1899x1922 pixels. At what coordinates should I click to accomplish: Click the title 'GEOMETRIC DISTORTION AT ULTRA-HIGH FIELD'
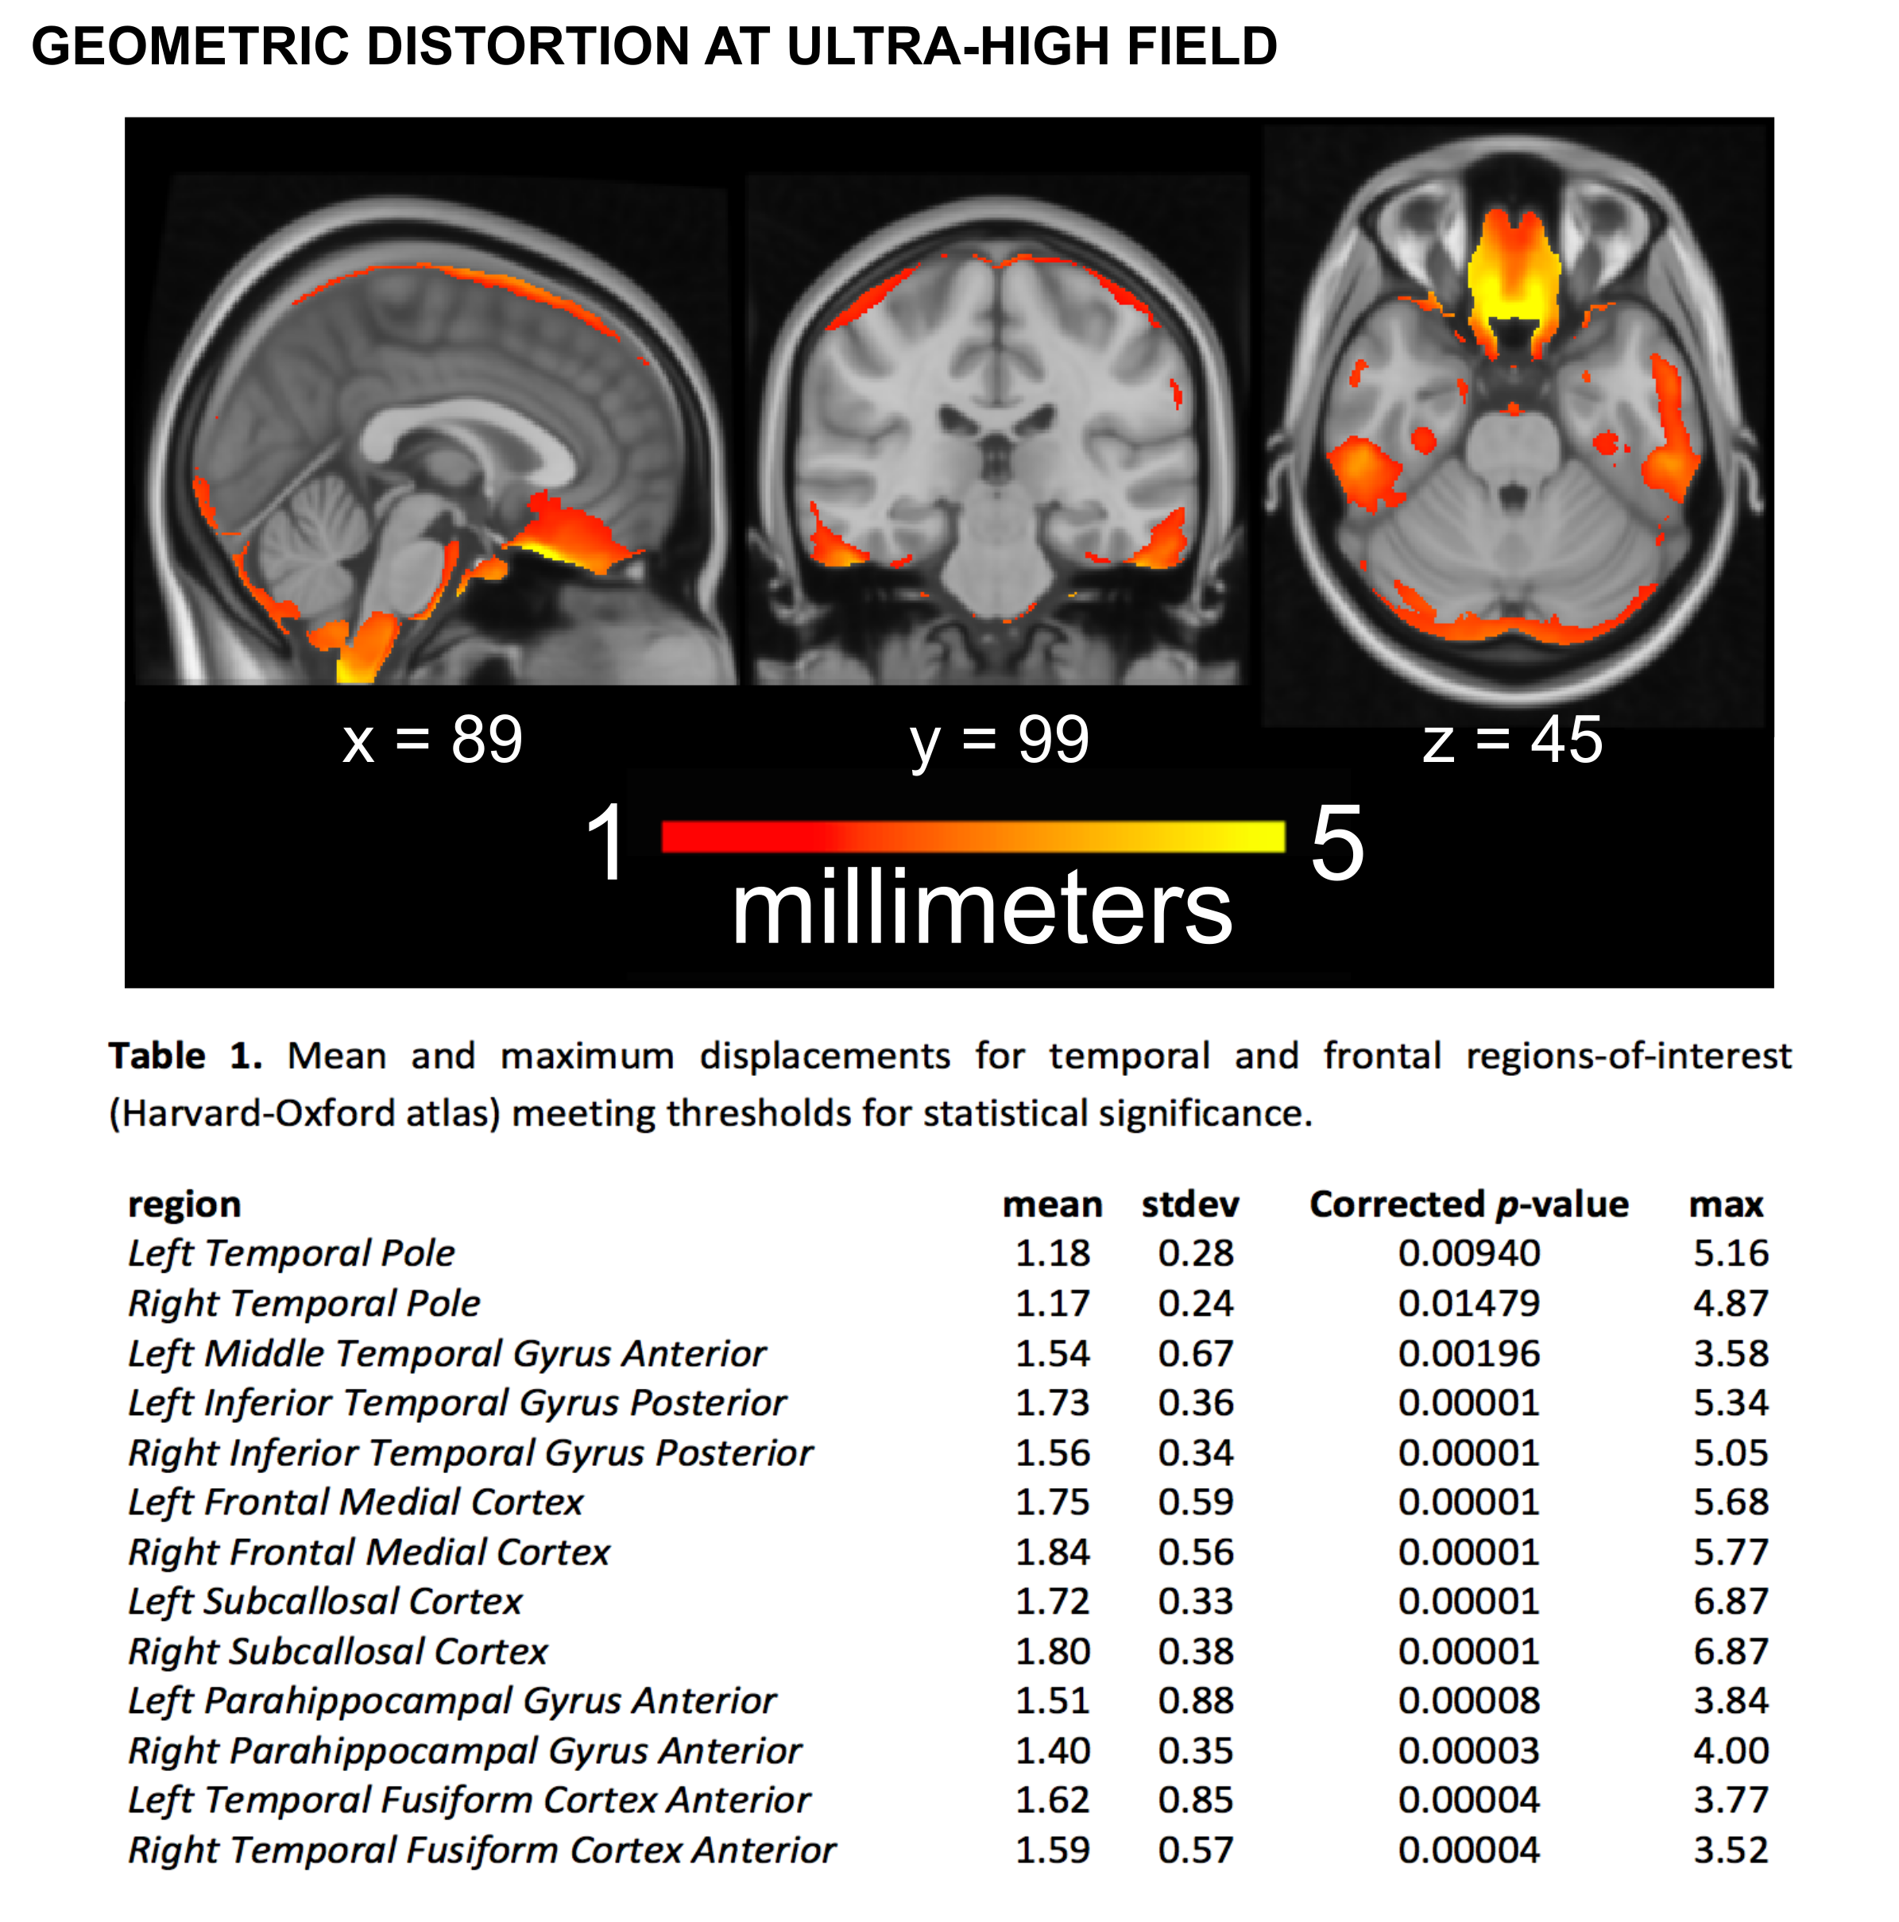pyautogui.click(x=654, y=47)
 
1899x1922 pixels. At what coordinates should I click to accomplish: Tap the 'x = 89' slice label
pyautogui.click(x=431, y=741)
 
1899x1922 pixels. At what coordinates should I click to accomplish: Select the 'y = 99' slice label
pyautogui.click(x=999, y=741)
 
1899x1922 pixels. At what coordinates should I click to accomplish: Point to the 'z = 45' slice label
pyautogui.click(x=1512, y=741)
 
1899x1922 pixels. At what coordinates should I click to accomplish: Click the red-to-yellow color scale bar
pyautogui.click(x=972, y=837)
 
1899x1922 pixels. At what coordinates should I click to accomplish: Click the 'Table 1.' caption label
pyautogui.click(x=185, y=1055)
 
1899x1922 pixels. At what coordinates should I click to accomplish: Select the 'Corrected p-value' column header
pyautogui.click(x=1468, y=1205)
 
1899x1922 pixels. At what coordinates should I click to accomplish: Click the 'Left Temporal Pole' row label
pyautogui.click(x=291, y=1254)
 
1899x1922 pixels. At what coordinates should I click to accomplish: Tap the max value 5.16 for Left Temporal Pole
pyautogui.click(x=1730, y=1254)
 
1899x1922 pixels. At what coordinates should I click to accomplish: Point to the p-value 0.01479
pyautogui.click(x=1468, y=1303)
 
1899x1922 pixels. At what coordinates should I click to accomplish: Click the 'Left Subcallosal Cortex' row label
pyautogui.click(x=324, y=1602)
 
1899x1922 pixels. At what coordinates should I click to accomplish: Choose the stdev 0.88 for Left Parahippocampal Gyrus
pyautogui.click(x=1195, y=1701)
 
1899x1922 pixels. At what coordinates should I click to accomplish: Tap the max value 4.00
pyautogui.click(x=1730, y=1751)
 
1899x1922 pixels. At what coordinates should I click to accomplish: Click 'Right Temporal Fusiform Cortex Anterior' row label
pyautogui.click(x=482, y=1850)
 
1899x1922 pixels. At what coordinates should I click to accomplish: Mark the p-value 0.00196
pyautogui.click(x=1468, y=1353)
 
